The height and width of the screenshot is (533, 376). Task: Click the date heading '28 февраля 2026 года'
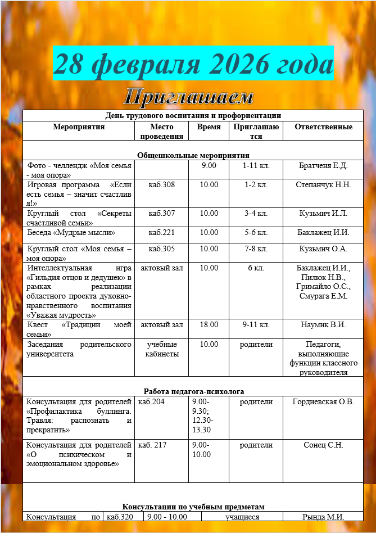[x=193, y=65]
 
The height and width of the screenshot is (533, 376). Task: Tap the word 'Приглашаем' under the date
[x=188, y=97]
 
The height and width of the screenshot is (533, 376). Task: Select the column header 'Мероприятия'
[x=79, y=127]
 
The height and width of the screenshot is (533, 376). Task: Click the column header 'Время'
[x=209, y=127]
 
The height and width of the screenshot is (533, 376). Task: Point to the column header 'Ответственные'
[x=323, y=127]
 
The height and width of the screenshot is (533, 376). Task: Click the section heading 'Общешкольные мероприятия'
[x=193, y=155]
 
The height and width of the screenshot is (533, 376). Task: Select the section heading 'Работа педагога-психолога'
[x=193, y=391]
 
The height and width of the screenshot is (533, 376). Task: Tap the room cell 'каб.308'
[x=161, y=184]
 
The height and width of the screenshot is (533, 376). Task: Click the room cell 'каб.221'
[x=161, y=232]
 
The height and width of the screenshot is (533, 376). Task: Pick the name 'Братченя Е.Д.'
[x=323, y=165]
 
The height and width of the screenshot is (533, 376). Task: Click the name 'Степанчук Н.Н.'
[x=323, y=184]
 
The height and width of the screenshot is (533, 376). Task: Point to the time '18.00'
[x=209, y=324]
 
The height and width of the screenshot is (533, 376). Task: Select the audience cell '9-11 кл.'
[x=256, y=324]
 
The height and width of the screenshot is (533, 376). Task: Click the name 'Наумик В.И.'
[x=323, y=324]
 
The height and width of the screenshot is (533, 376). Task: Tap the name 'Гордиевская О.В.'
[x=323, y=401]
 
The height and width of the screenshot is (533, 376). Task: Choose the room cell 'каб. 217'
[x=152, y=445]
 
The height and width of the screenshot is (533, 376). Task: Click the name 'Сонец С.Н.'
[x=323, y=445]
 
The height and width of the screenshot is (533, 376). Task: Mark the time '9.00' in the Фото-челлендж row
[x=209, y=165]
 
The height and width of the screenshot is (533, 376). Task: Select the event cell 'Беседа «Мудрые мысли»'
[x=71, y=232]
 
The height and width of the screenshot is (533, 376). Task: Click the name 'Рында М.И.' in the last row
[x=323, y=517]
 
